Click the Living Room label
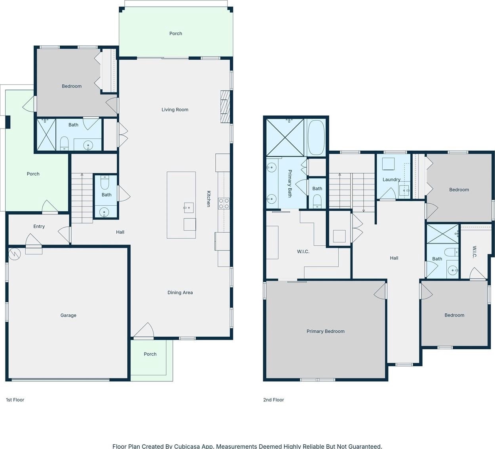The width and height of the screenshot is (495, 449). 175,110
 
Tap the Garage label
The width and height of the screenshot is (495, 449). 68,315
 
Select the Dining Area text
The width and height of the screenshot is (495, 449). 180,293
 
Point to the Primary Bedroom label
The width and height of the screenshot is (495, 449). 326,332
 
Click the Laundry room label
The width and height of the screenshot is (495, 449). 391,180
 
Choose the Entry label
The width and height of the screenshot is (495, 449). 39,226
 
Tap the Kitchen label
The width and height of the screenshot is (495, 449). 209,199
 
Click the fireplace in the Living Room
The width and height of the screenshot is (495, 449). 225,106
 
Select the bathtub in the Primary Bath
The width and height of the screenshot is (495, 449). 316,137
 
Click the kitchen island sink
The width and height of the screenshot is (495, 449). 188,208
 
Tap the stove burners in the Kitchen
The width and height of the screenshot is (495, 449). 224,203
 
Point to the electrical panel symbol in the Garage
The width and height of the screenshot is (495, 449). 14,254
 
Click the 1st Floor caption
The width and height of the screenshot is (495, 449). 15,400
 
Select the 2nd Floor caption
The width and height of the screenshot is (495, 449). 273,400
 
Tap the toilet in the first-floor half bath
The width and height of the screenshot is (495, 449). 105,182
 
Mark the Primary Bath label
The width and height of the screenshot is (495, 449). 290,184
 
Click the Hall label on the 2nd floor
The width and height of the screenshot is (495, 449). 394,258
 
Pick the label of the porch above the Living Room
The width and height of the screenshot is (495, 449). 176,34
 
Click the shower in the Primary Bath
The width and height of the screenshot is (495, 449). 285,137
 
